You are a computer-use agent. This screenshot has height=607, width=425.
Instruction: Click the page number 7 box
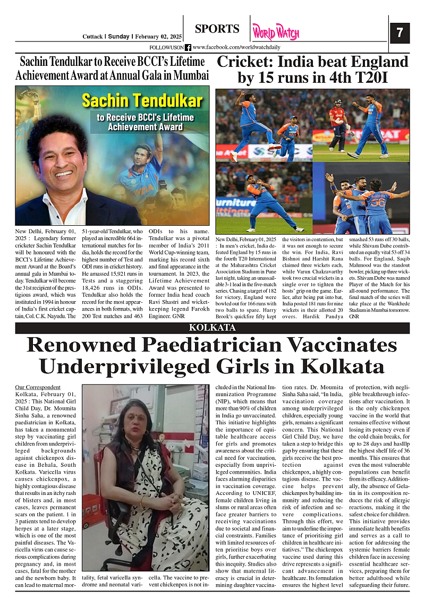(399, 33)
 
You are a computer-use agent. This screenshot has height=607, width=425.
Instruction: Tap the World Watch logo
(275, 32)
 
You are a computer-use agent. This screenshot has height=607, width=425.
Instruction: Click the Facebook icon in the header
(188, 47)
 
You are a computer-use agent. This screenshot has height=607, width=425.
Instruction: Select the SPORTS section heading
(217, 29)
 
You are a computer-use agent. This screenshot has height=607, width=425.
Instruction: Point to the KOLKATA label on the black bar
(212, 328)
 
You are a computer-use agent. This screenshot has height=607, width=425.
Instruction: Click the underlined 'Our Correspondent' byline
(38, 387)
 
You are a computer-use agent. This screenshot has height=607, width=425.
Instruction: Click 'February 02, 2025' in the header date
(158, 37)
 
